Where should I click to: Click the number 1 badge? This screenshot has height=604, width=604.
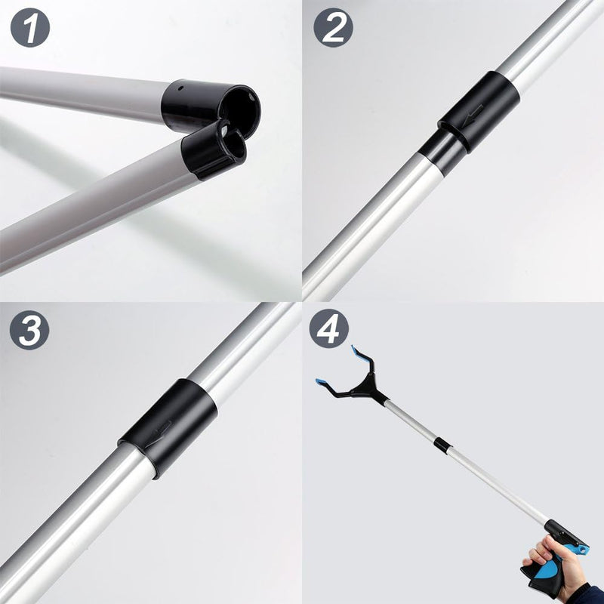(30, 29)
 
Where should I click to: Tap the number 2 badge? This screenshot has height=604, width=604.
(333, 29)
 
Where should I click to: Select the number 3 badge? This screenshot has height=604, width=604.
(30, 330)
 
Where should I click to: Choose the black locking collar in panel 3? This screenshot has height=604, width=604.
(167, 427)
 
